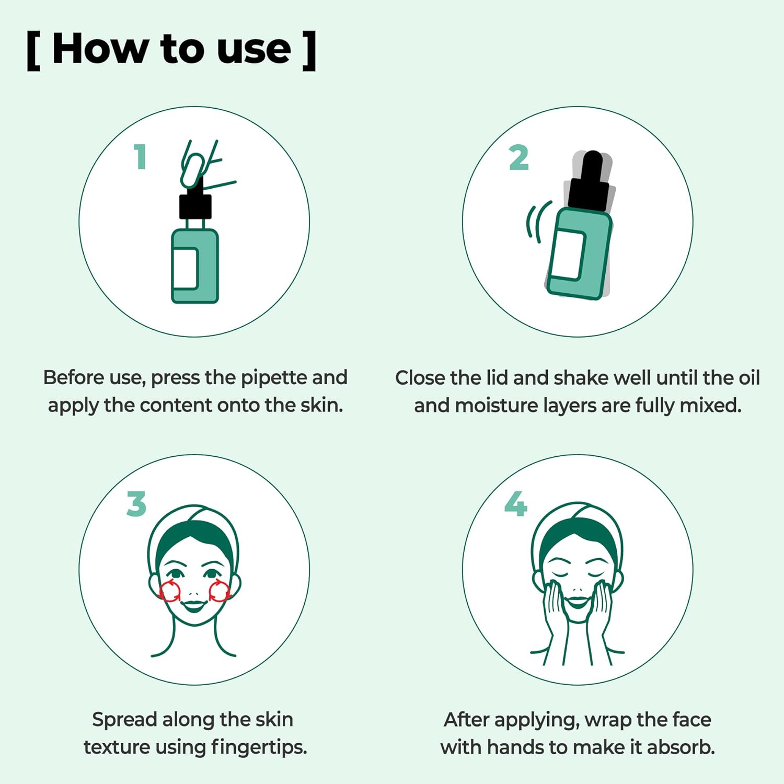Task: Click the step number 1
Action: [x=140, y=157]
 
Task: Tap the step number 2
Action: [x=519, y=158]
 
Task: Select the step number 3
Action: [x=136, y=504]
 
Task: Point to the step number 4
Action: [x=516, y=504]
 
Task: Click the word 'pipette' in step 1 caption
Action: [x=273, y=378]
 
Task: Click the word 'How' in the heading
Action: [x=100, y=49]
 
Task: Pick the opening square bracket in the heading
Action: [x=33, y=51]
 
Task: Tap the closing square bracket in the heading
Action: [x=309, y=51]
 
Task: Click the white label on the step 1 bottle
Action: [x=185, y=269]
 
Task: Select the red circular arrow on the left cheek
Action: [x=169, y=591]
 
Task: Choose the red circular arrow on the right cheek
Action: [x=220, y=591]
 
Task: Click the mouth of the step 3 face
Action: [x=194, y=606]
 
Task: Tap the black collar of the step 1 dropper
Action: [x=195, y=206]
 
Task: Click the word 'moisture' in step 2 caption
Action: [x=495, y=406]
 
